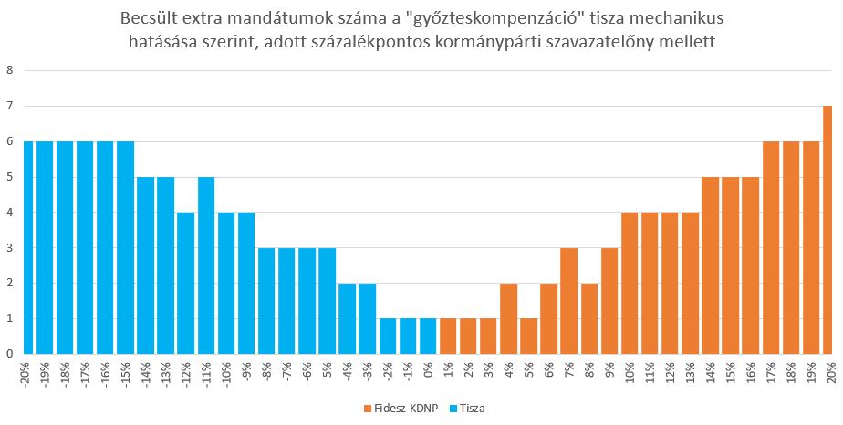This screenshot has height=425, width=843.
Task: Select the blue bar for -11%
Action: (206, 265)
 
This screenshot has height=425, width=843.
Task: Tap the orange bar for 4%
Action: (509, 318)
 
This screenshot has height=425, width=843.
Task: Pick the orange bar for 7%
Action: (569, 301)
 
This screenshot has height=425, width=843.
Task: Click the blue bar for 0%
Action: (428, 336)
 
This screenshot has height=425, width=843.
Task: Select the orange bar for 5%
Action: (529, 336)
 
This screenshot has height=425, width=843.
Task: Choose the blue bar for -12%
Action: (186, 283)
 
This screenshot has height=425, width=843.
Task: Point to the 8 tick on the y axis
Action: (10, 70)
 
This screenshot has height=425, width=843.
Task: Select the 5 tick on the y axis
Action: (10, 177)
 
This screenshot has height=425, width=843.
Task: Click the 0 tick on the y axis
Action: (10, 354)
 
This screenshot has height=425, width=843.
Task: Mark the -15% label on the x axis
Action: (126, 375)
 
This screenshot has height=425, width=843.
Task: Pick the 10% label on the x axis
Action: (630, 374)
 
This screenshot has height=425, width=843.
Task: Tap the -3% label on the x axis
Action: (368, 373)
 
